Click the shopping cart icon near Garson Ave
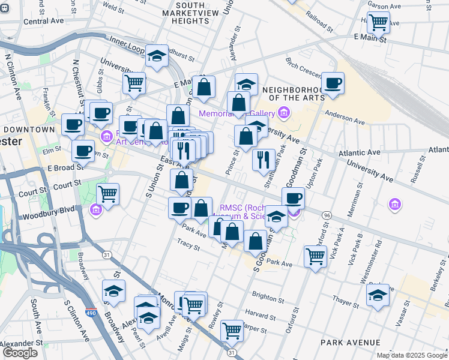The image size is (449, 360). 378,23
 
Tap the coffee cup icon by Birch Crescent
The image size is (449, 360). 333,83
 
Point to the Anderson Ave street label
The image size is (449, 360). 345,118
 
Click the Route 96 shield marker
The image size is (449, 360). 327,215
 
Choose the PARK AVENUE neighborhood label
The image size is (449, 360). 350,342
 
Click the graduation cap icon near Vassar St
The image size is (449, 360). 377,295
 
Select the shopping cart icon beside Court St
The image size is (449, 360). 107,194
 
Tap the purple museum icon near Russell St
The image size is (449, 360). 395,205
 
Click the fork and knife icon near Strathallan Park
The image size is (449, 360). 263,160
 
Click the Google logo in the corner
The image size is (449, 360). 20,353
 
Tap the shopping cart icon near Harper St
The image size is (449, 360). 231,330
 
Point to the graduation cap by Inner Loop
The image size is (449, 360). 157,58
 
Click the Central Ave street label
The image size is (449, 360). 43,21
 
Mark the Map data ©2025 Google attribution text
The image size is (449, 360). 411,355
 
